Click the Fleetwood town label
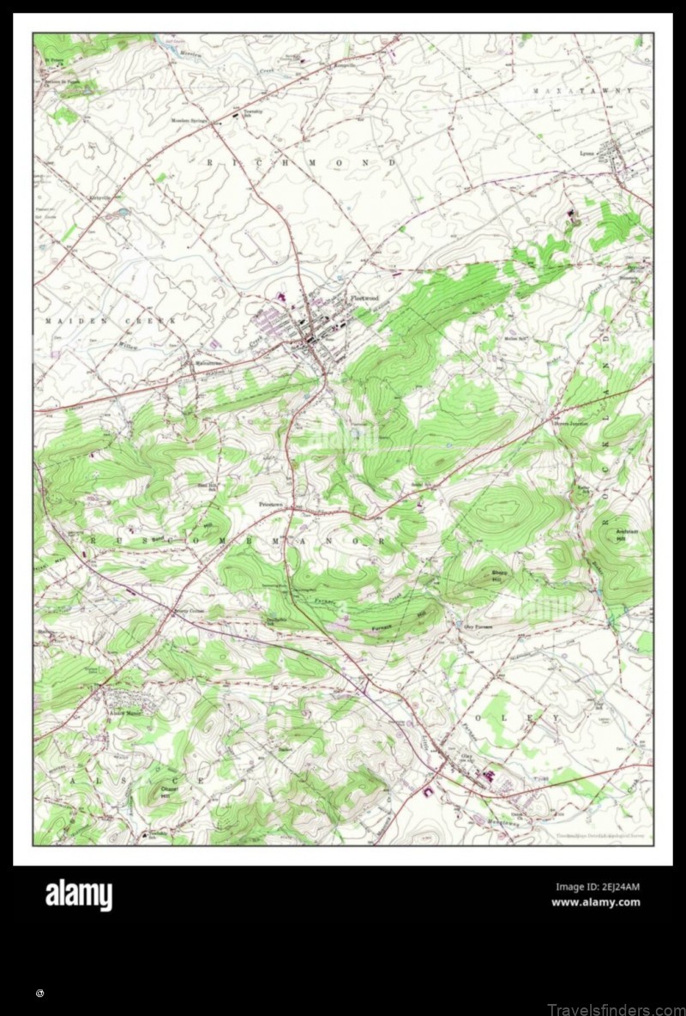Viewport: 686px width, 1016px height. tap(364, 297)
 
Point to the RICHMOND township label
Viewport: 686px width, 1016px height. tap(301, 162)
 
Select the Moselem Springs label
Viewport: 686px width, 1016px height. tap(191, 121)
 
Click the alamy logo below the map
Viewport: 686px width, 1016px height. tap(78, 895)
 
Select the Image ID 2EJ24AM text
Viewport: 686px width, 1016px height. tap(598, 887)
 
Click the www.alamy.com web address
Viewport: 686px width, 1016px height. tap(595, 902)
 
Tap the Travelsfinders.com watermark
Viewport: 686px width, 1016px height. tap(615, 1008)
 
